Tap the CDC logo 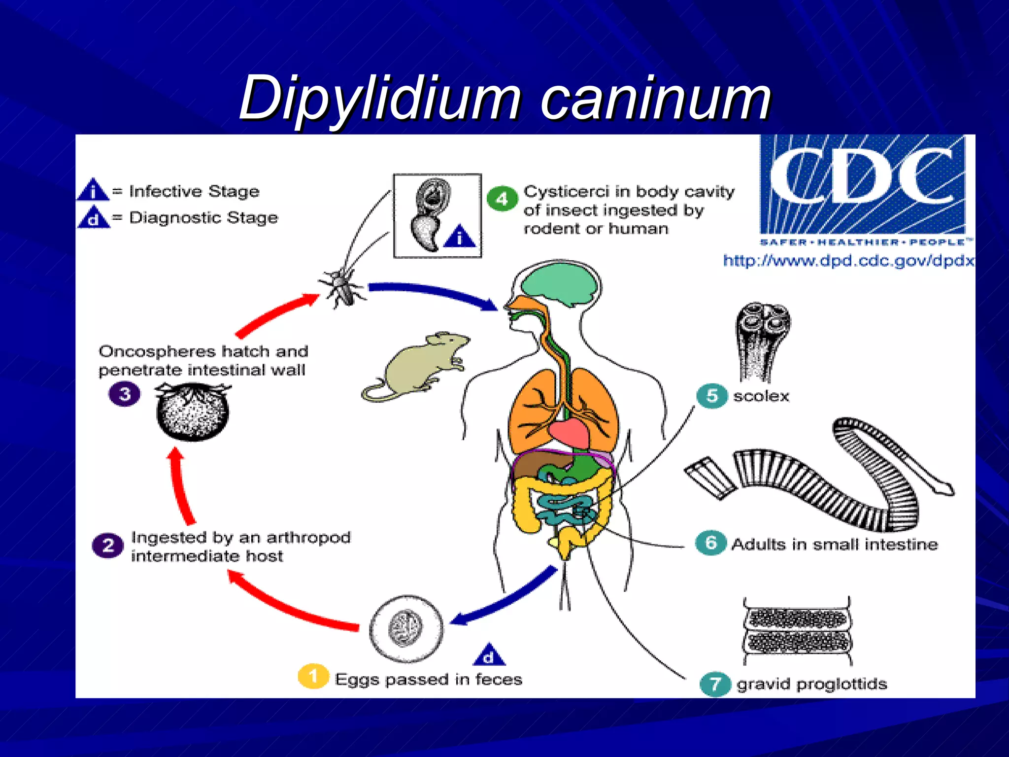[862, 185]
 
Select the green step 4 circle [502, 199]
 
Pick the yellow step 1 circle [313, 676]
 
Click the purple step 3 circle [125, 394]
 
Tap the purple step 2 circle [107, 546]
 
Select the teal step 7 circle [714, 684]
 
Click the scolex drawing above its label [761, 340]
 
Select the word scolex [761, 396]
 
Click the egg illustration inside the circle [405, 628]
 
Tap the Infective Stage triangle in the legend [93, 190]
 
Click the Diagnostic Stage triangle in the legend [94, 218]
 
